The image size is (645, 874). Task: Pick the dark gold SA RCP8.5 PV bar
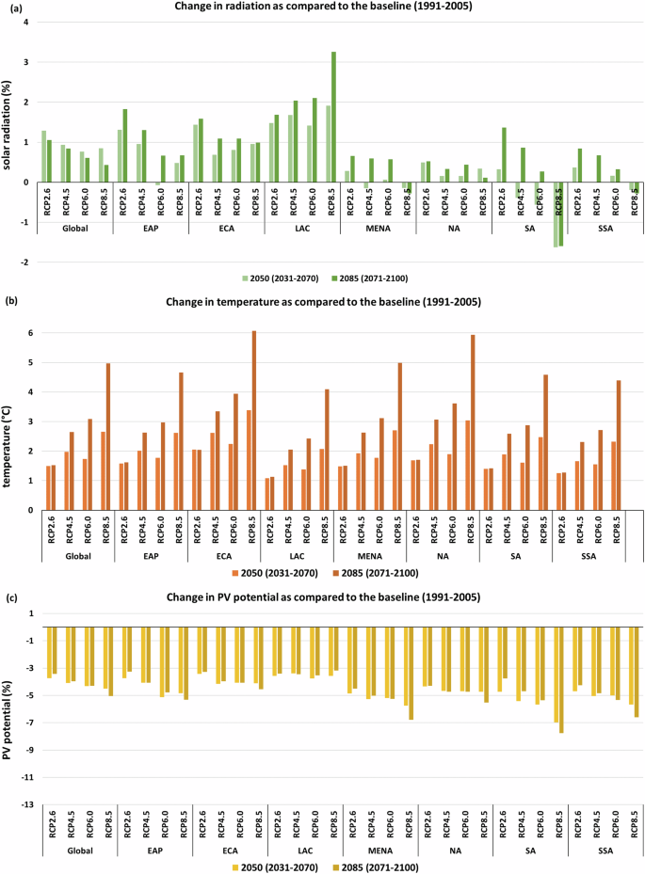coord(562,679)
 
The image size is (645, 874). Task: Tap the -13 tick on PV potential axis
coord(28,804)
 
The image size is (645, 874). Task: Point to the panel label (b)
coord(8,301)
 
